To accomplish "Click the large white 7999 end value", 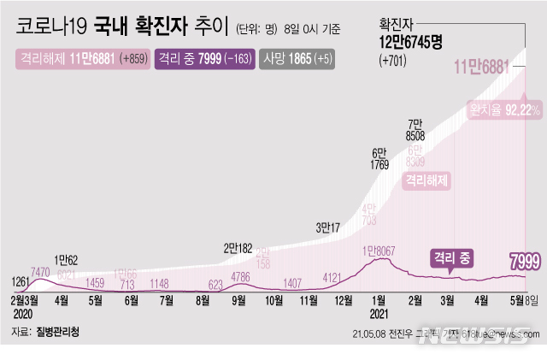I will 523,260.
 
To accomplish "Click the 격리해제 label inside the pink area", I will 426,180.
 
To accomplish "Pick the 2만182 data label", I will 238,248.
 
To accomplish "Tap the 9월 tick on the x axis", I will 238,300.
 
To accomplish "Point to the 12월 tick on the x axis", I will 343,300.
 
